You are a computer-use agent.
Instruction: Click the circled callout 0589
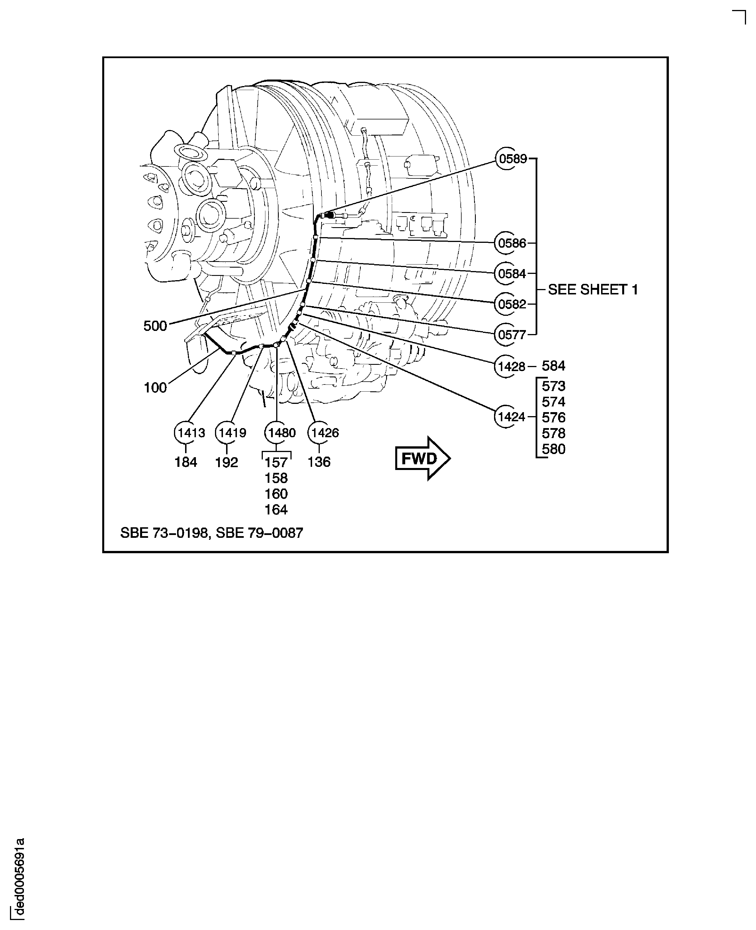click(x=513, y=159)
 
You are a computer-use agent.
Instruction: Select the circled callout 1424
click(x=511, y=417)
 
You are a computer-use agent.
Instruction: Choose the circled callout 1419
click(x=232, y=433)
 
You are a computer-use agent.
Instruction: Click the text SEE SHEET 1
click(x=593, y=289)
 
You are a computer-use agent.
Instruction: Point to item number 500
click(x=155, y=326)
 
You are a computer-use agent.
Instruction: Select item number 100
click(x=155, y=387)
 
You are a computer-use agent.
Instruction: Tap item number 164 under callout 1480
click(x=276, y=509)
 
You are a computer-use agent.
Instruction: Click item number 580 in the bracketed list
click(x=554, y=449)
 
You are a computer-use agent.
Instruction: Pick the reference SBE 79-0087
click(x=260, y=533)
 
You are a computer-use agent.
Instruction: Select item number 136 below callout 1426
click(x=319, y=462)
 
